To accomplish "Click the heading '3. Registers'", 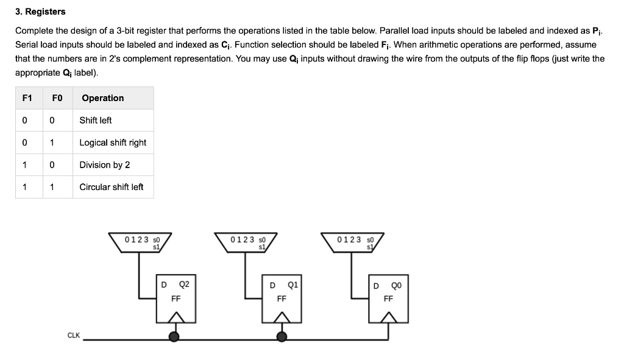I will [x=40, y=12].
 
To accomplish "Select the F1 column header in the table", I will [x=26, y=98].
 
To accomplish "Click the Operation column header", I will [x=102, y=98].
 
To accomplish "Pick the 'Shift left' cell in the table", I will [x=96, y=120].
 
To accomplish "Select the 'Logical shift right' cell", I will [x=113, y=143].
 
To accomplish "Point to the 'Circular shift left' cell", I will [x=112, y=187].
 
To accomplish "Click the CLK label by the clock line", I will [x=73, y=335].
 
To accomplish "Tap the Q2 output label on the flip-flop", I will [x=184, y=284].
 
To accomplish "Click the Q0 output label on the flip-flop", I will [x=396, y=285].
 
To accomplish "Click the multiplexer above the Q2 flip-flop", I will [x=140, y=242].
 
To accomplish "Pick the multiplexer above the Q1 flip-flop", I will [x=246, y=242].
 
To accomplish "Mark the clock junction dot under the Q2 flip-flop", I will [x=174, y=336].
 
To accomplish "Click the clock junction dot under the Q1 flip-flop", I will [x=281, y=336].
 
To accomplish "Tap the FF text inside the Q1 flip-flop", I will [x=282, y=299].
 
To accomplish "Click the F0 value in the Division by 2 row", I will [x=52, y=165].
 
